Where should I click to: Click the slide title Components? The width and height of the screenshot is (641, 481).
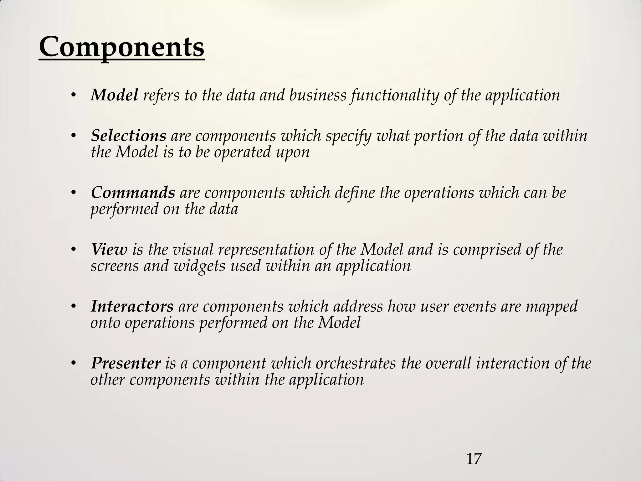coord(121,48)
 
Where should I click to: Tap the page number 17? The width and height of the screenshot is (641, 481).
coord(474,459)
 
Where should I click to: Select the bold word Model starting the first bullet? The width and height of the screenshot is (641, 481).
coord(114,95)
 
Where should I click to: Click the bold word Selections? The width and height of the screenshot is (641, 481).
coord(128,136)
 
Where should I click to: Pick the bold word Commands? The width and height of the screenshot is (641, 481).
coord(133,193)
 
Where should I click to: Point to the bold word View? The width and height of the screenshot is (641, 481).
coord(109,250)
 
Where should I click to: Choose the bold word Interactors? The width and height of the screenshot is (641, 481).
coord(132,306)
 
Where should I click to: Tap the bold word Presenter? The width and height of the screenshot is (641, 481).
coord(126,363)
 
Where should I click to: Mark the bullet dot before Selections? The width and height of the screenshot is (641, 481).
coord(74,136)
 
